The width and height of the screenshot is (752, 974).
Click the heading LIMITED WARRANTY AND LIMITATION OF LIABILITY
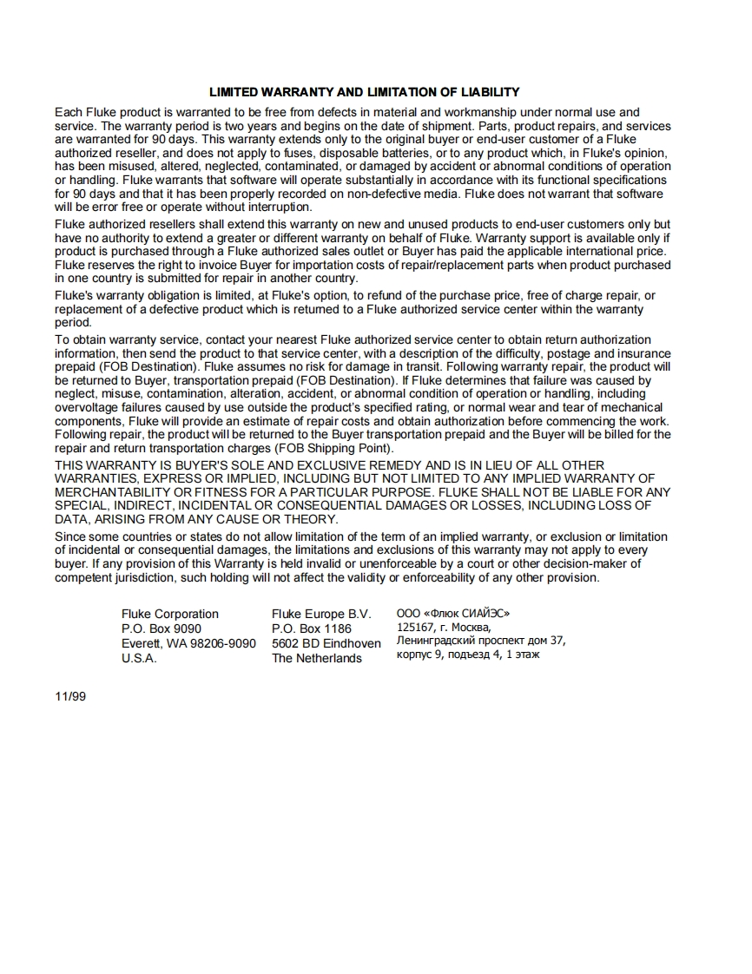(x=364, y=92)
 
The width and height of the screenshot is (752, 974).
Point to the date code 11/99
(x=71, y=696)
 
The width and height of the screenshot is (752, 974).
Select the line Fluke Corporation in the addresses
(x=170, y=614)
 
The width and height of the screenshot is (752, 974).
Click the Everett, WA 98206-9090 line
(x=188, y=643)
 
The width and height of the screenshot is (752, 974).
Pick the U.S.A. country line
(x=139, y=658)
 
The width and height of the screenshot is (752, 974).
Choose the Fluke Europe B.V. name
(x=321, y=614)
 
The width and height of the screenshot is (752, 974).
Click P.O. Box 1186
(x=312, y=628)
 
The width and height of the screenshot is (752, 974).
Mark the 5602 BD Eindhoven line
(x=327, y=643)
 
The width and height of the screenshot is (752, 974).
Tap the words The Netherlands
(x=317, y=658)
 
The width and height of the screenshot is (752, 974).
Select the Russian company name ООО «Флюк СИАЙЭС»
(x=453, y=613)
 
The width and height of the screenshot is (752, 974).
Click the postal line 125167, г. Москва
(x=444, y=627)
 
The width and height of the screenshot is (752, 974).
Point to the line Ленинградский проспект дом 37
(x=481, y=641)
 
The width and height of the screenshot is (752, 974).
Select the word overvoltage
(x=85, y=407)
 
